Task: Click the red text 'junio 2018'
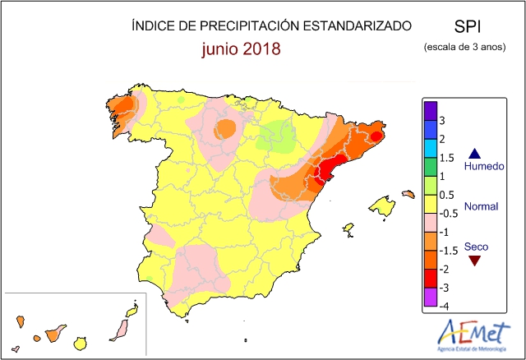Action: coord(242,48)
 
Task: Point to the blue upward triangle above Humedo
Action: coord(473,154)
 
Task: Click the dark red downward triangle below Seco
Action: coord(473,261)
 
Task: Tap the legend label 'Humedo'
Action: coord(482,167)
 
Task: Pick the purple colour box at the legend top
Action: coord(429,110)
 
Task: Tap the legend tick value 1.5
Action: coord(447,158)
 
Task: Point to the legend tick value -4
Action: coord(444,307)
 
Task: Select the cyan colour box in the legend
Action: coord(429,148)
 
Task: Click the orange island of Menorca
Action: coord(408,194)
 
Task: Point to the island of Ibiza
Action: coord(348,228)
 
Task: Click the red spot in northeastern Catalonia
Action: coord(376,136)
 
